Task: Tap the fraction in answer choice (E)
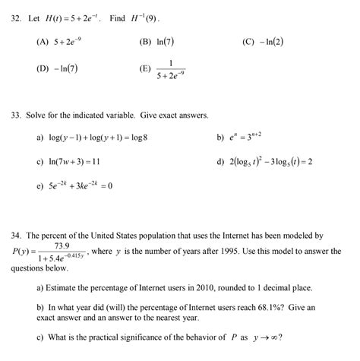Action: [171, 70]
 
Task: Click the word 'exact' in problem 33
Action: [166, 116]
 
